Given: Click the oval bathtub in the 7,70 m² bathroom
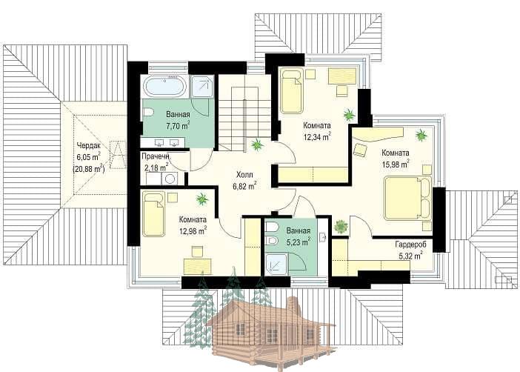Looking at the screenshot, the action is pos(165,86).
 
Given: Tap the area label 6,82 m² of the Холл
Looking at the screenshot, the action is pos(244,186).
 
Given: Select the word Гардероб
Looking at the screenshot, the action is pos(410,245).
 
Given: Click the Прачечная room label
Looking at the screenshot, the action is pos(156,156).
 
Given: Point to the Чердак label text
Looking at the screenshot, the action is pos(88,146).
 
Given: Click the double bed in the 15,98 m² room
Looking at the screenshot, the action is pos(408,198).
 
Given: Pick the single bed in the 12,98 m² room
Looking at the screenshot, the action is pos(153,213).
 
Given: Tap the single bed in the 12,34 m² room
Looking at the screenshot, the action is pos(292,90).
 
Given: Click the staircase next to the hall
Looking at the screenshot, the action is pos(244,113).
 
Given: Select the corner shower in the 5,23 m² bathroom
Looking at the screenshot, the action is pos(276,264).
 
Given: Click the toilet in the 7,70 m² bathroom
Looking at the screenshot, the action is pos(148,113).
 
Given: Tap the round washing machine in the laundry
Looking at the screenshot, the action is pos(170,179).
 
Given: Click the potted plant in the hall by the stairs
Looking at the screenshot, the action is pos(257,145).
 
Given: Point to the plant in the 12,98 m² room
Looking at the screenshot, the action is pos(202,199).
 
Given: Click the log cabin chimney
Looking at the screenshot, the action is pos(292,306).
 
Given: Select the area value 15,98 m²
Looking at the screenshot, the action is pos(396,165).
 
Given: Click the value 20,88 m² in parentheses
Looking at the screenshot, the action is pos(89,169).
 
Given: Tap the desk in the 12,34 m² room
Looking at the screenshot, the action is pos(342,76).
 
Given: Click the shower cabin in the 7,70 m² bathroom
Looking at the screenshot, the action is pos(203,87).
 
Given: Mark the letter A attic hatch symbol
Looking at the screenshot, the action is pos(118,155).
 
